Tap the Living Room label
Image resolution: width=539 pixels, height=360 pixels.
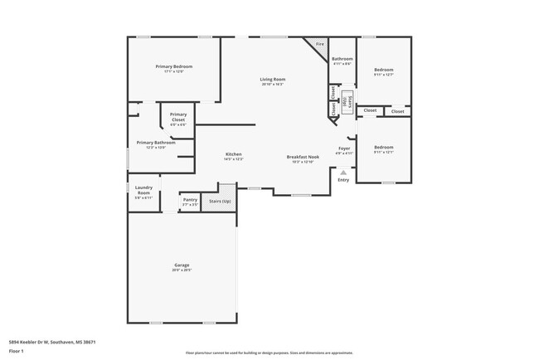[273, 79]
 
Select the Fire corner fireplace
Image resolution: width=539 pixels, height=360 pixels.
[318, 44]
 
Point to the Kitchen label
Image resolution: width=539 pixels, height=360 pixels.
[234, 155]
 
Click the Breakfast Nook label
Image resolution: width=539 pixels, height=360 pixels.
[303, 157]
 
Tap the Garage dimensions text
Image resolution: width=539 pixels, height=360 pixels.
[182, 270]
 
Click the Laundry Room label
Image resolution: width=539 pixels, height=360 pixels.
[143, 190]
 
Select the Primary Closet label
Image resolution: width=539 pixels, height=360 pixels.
[177, 117]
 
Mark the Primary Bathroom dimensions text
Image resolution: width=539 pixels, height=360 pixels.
[156, 148]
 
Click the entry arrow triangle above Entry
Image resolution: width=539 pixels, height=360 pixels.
[343, 173]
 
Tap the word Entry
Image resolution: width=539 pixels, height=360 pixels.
[343, 180]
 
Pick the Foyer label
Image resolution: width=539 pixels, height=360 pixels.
[344, 148]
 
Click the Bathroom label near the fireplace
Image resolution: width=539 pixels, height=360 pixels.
[342, 59]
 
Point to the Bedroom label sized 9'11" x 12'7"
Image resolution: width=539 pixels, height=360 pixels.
[382, 70]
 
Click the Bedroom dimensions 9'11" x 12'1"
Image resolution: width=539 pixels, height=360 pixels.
[382, 152]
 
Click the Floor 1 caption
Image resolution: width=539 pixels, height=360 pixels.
[17, 351]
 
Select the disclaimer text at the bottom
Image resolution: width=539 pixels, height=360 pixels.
[269, 353]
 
